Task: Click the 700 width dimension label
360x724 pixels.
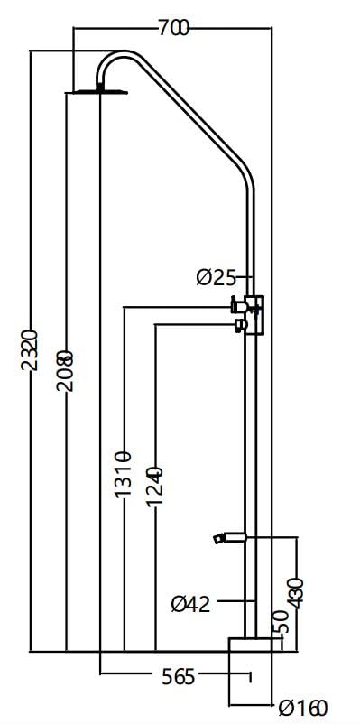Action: tap(172, 28)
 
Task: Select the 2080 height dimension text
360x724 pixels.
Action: tap(65, 370)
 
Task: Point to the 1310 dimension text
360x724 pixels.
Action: tap(123, 474)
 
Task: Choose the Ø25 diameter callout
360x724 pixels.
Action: tap(215, 277)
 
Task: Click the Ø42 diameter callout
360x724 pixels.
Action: tap(190, 603)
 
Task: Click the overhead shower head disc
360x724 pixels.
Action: tap(98, 90)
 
